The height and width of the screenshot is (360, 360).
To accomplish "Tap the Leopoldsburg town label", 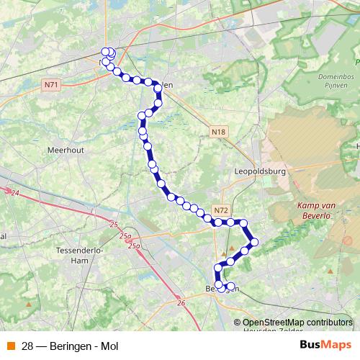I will pos(259,173).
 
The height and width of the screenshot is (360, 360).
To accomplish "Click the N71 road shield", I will pos(50,84).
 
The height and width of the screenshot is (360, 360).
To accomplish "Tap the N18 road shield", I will pos(219,132).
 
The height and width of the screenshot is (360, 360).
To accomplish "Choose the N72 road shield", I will pos(221,210).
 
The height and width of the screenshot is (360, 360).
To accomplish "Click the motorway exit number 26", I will pos(180,303).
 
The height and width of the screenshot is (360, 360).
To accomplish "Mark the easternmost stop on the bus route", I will pos(254,241).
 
